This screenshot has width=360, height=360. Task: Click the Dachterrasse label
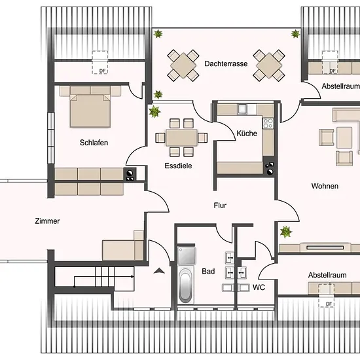click(226, 63)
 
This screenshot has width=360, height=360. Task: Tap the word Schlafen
click(94, 143)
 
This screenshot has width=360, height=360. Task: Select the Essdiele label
click(178, 166)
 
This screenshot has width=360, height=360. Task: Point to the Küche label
click(247, 133)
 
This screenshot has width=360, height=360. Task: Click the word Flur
click(220, 206)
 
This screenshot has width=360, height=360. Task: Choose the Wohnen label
click(325, 186)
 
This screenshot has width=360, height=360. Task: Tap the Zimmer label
click(47, 221)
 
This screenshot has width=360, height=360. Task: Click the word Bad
click(208, 272)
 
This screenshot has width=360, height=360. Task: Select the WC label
click(259, 287)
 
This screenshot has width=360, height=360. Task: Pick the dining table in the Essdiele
click(181, 137)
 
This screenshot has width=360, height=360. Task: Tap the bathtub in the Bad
click(185, 285)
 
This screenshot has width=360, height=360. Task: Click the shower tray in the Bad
click(187, 256)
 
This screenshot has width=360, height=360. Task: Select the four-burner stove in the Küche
click(268, 123)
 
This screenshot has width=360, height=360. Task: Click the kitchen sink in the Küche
click(242, 109)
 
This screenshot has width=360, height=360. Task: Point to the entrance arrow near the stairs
click(159, 271)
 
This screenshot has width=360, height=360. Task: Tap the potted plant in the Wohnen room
click(286, 232)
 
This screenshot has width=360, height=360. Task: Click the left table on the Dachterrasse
click(183, 65)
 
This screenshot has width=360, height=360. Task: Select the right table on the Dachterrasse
click(269, 65)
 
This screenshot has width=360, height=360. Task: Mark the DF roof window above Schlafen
click(100, 62)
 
